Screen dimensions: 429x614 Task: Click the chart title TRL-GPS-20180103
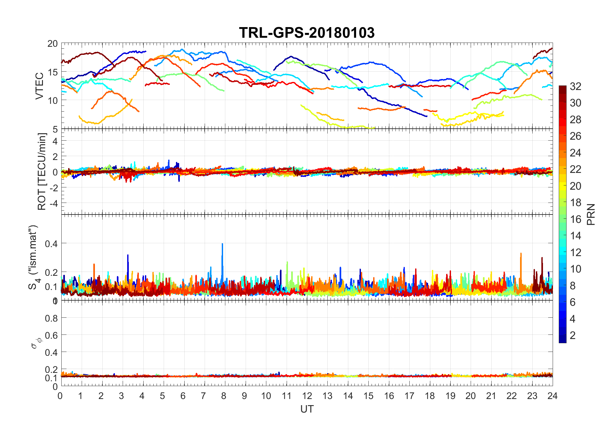click(x=307, y=33)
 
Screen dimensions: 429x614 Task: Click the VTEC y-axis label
click(x=39, y=86)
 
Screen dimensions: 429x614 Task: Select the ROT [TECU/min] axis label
click(x=42, y=171)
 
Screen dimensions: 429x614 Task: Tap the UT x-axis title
click(x=307, y=409)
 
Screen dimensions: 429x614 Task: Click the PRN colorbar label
click(x=591, y=214)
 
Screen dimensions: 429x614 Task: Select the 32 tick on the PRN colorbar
click(x=575, y=86)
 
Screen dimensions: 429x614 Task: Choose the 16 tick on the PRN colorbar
click(x=575, y=219)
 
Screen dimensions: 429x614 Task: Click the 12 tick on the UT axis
click(x=307, y=396)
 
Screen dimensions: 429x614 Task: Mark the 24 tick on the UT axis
click(x=552, y=396)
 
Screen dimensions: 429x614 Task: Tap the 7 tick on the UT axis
click(x=203, y=396)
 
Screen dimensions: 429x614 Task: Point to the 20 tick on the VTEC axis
click(x=52, y=44)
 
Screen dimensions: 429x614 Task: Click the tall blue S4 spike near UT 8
click(x=222, y=245)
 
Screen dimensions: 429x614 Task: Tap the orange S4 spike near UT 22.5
click(x=521, y=255)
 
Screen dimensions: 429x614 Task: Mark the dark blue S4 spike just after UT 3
click(x=128, y=256)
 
